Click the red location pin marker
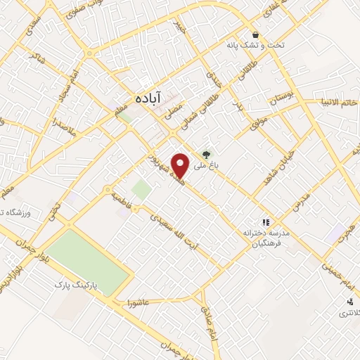pos(181,166)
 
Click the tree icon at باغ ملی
pos(206,155)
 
